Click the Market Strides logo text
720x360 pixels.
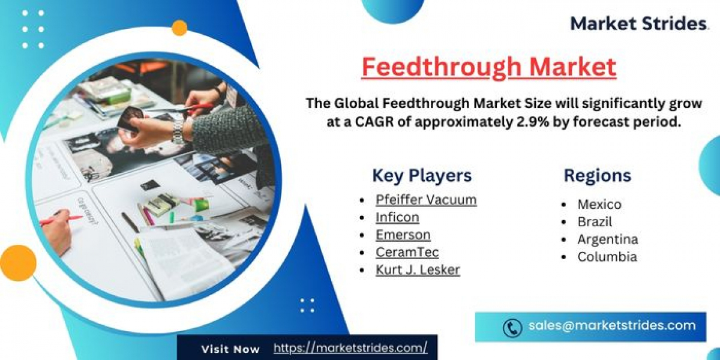tap(638, 23)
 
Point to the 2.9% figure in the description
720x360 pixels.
tap(533, 122)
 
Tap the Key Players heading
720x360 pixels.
tap(422, 175)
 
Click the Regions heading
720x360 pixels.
tap(597, 175)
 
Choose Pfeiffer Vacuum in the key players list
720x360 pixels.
tap(426, 200)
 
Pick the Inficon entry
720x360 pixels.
tap(397, 217)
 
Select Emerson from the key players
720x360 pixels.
tap(403, 235)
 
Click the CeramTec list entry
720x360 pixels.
tap(407, 252)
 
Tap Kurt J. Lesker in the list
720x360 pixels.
tap(418, 269)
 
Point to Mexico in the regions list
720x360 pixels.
tap(599, 205)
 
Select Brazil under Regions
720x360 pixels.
tap(595, 222)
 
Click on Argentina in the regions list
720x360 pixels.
tap(608, 239)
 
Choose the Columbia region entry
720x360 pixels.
tap(607, 257)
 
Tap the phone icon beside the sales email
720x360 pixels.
tap(512, 328)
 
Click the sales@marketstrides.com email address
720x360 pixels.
tap(612, 326)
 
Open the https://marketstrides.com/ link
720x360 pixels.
tap(350, 348)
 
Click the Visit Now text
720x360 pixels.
tap(230, 349)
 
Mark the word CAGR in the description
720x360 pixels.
tap(374, 122)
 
